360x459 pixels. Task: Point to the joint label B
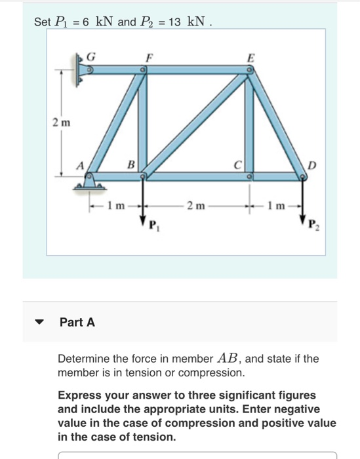point(130,164)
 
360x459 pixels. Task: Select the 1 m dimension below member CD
point(276,206)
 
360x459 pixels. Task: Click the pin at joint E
point(249,74)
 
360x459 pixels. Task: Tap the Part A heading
point(77,322)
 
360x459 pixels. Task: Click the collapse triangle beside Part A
point(40,323)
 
